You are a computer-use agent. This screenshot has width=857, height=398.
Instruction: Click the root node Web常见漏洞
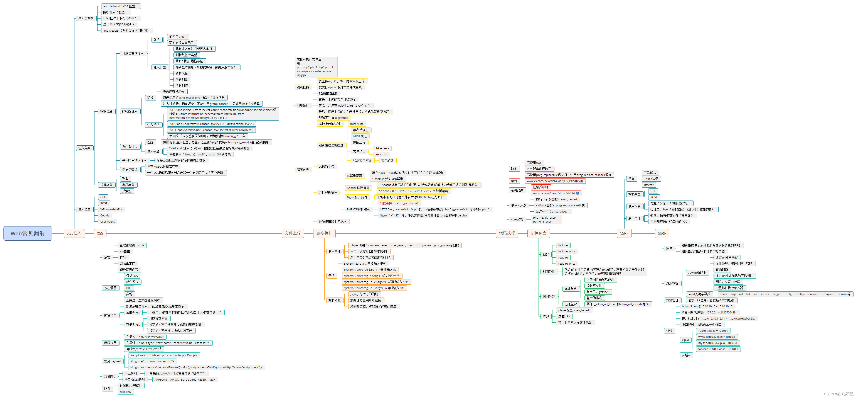point(28,233)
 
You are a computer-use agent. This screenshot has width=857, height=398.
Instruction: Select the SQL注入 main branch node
point(74,233)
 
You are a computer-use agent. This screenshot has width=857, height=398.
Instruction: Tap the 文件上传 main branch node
point(292,233)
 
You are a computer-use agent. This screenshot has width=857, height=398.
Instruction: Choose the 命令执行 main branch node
point(324,233)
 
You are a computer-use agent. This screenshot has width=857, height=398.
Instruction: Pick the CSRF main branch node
point(624,233)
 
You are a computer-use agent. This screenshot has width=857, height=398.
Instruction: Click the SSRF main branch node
point(662,233)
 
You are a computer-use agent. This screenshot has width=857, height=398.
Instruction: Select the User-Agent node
point(108,221)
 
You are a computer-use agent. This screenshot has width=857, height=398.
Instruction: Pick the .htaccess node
point(382,148)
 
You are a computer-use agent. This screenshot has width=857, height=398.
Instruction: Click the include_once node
point(567,252)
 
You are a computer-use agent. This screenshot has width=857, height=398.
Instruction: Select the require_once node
point(567,264)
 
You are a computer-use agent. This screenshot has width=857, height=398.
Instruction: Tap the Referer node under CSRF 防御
point(648,185)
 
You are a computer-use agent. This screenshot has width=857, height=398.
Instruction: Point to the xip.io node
point(685,340)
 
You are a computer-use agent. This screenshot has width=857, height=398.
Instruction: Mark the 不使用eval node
point(534,163)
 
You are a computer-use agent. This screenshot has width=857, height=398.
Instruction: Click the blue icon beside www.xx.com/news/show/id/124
point(578,193)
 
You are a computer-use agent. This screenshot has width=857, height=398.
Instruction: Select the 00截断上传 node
point(326,167)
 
